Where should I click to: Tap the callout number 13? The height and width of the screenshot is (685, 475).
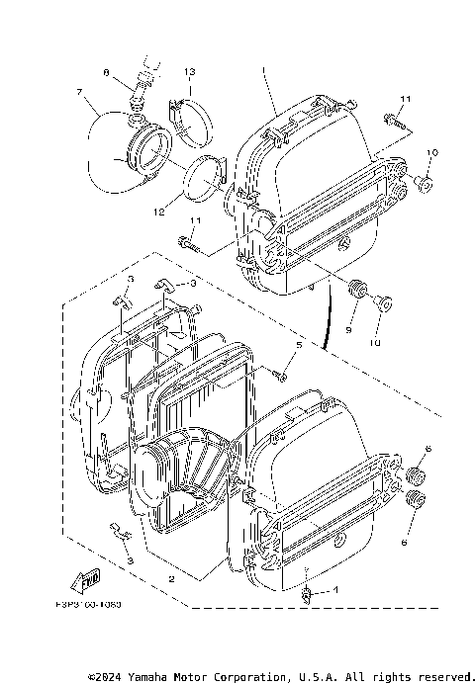click(189, 72)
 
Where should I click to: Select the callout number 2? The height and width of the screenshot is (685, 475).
click(171, 578)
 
